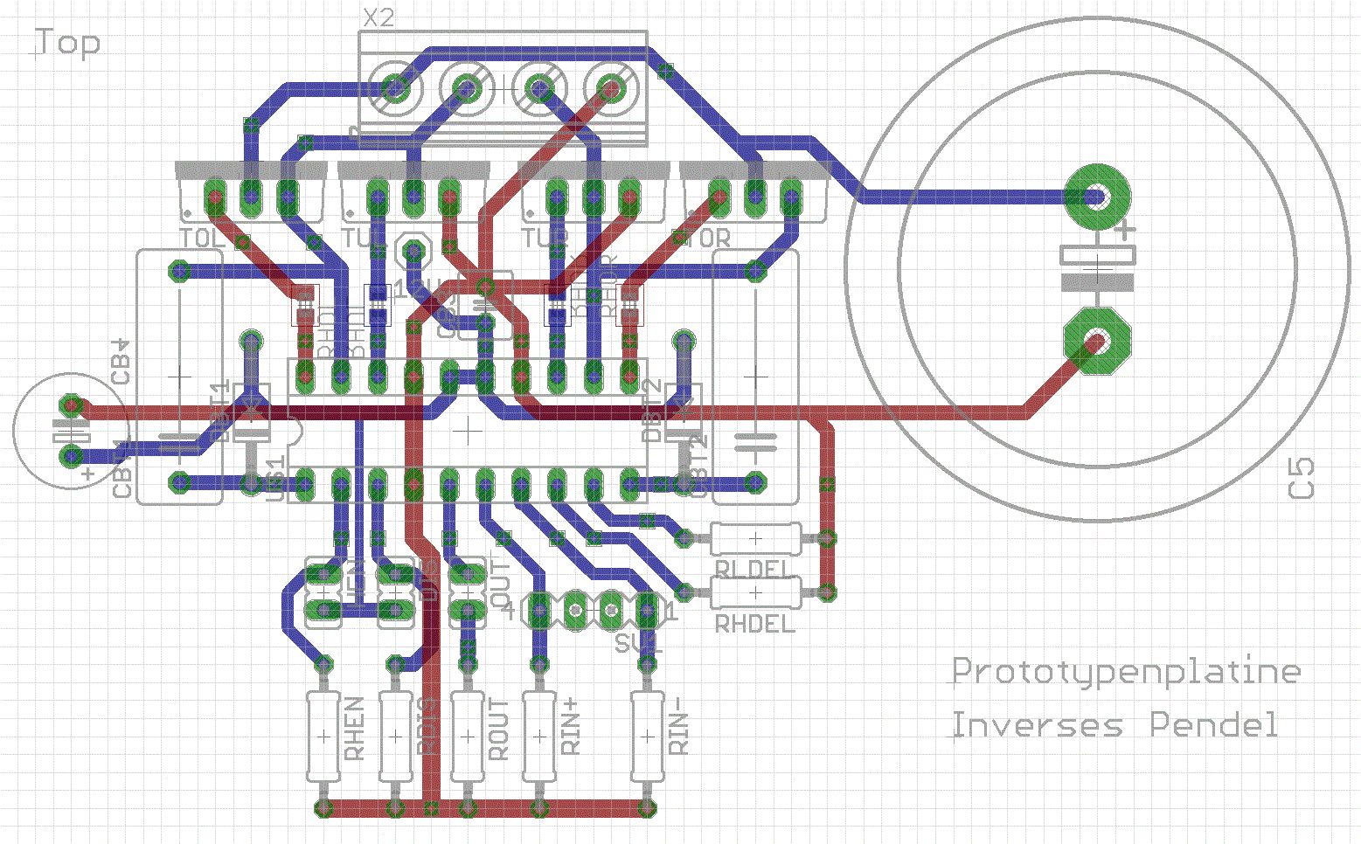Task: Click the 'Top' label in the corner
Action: coord(68,43)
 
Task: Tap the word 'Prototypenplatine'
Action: coord(1126,671)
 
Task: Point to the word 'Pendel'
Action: coord(1213,725)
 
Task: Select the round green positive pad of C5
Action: coord(1097,195)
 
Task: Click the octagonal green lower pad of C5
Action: coord(1096,341)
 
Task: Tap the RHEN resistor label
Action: coord(354,729)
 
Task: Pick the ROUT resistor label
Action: coord(498,729)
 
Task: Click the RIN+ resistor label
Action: coord(571,729)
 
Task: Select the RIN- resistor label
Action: coord(679,732)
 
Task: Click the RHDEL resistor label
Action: coord(755,624)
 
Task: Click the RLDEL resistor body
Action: coord(754,538)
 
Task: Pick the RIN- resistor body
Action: coord(647,737)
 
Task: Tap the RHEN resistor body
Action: coord(323,737)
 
